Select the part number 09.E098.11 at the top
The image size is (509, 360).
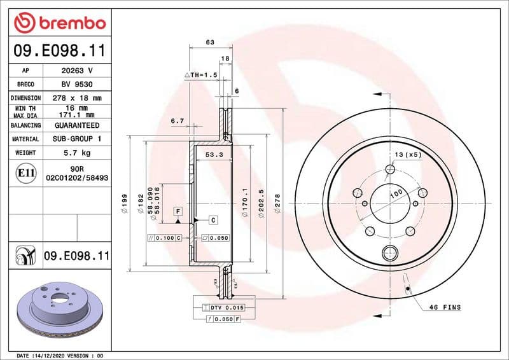pyautogui.click(x=59, y=50)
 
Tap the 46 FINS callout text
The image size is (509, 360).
pyautogui.click(x=444, y=307)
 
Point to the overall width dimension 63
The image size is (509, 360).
pyautogui.click(x=210, y=43)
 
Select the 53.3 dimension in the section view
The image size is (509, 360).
pyautogui.click(x=213, y=155)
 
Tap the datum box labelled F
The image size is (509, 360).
pyautogui.click(x=178, y=210)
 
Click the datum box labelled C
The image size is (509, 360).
pyautogui.click(x=213, y=220)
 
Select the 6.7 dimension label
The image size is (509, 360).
pyautogui.click(x=178, y=120)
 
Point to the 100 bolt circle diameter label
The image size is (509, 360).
pyautogui.click(x=396, y=193)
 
